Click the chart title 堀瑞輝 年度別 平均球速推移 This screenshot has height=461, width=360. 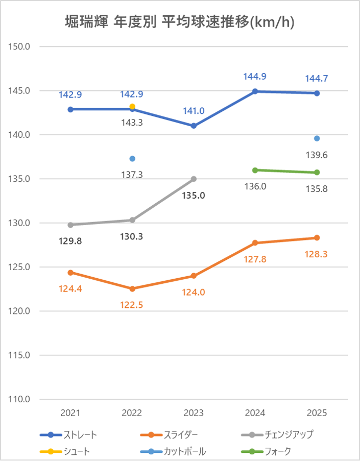coord(180,22)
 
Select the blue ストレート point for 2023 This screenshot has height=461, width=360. coord(194,126)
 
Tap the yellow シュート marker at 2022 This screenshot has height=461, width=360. coord(132,107)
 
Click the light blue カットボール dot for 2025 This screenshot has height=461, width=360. coord(317,138)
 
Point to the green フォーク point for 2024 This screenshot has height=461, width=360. coord(255,170)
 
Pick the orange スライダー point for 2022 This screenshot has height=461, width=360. coord(132,288)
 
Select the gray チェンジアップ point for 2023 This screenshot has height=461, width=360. coord(194,179)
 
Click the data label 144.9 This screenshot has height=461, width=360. coord(255,77)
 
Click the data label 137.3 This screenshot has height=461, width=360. coord(132,174)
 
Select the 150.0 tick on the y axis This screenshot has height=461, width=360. coord(21,47)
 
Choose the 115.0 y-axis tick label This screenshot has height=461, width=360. coord(21,355)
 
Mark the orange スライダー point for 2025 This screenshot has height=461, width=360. coord(317,237)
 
